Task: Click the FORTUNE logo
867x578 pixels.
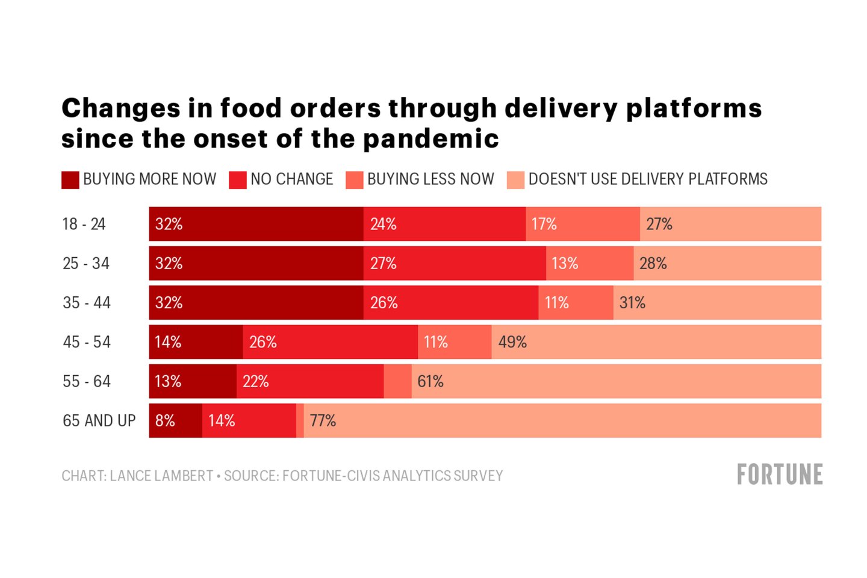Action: pos(780,474)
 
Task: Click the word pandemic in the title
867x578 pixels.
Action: pos(431,138)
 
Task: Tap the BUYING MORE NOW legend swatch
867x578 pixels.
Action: pos(70,180)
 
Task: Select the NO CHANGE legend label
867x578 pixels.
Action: pos(291,179)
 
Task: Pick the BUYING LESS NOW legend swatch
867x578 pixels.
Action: pos(355,180)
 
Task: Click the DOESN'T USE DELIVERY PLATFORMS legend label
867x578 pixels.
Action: pos(648,179)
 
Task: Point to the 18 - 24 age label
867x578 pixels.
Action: pos(84,224)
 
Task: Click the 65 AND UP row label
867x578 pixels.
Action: pos(99,420)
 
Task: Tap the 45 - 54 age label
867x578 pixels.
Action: pos(87,342)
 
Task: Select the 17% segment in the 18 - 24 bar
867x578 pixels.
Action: pos(582,224)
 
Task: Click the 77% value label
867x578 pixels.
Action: pos(323,420)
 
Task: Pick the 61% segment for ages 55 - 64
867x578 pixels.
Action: pos(616,381)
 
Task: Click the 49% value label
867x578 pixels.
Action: pos(512,342)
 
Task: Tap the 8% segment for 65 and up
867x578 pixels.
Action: pos(175,420)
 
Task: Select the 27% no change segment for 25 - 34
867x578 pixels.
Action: pos(455,263)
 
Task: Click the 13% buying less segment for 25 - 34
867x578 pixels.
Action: pos(589,263)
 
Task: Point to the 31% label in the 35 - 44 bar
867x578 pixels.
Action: pos(632,302)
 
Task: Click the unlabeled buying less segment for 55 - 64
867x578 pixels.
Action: pos(397,381)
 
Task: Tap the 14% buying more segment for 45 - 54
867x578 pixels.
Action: pos(196,342)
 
